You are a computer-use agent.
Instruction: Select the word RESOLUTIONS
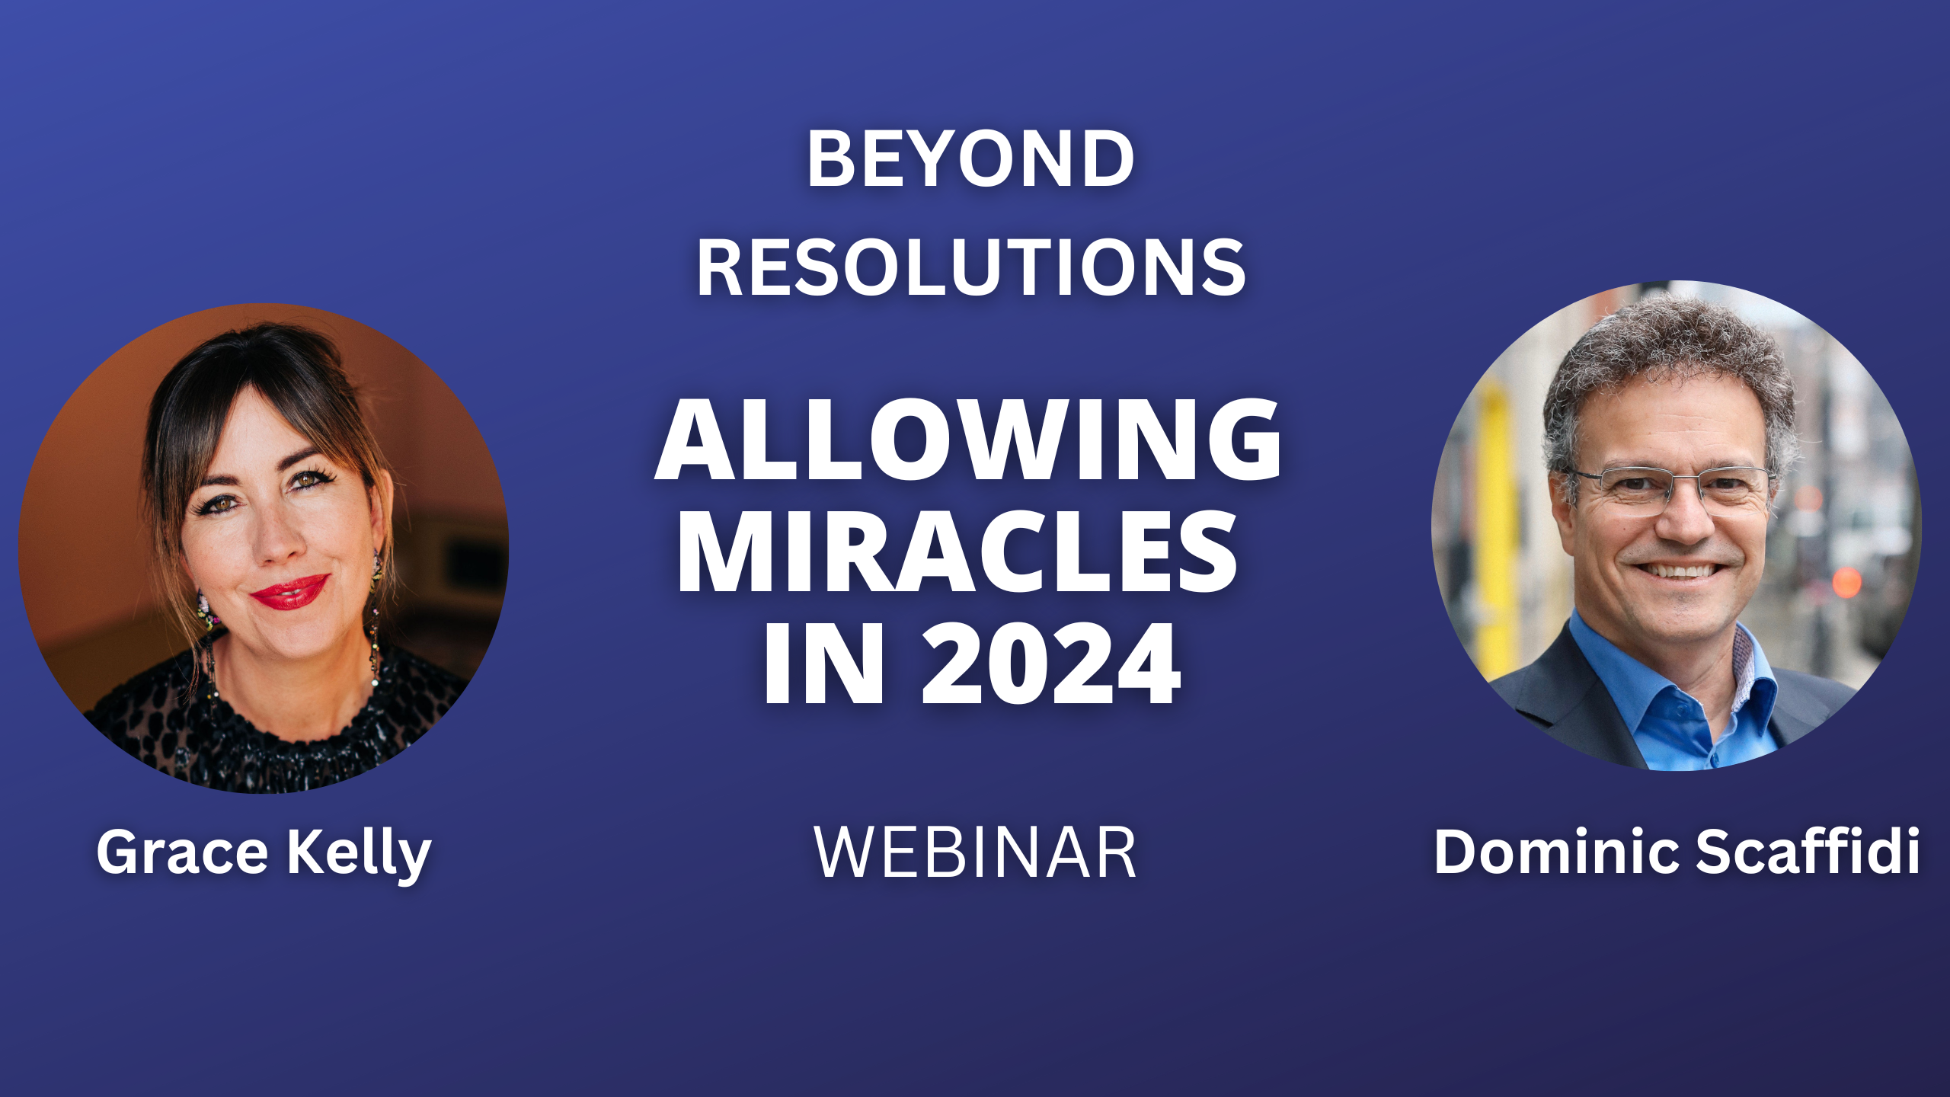coord(971,267)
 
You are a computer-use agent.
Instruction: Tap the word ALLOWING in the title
coord(968,440)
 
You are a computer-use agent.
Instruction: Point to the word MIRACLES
coord(957,551)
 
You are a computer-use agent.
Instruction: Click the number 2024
coord(1051,664)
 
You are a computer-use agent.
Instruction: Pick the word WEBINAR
coord(975,852)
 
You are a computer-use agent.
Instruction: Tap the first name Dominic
coord(1556,851)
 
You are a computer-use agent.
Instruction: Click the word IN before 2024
coord(824,664)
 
